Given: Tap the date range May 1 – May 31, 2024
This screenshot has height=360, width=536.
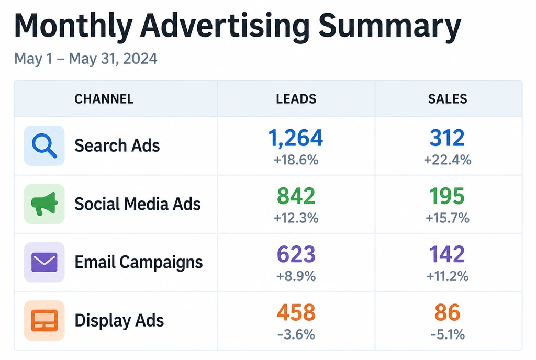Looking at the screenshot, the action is [x=85, y=59].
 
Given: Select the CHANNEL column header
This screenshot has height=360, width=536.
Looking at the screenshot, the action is [x=104, y=99].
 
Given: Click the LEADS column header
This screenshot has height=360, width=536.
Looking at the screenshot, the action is [x=296, y=99].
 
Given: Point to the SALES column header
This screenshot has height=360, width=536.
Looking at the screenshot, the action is [x=448, y=99].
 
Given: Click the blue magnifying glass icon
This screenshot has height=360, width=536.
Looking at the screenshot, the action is [x=44, y=146].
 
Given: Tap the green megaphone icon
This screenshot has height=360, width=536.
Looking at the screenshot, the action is [x=44, y=204].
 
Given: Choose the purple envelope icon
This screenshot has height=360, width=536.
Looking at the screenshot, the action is [x=44, y=262].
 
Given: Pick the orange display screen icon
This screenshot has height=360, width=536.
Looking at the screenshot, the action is [x=44, y=320].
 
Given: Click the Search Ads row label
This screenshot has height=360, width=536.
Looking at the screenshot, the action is [x=117, y=145].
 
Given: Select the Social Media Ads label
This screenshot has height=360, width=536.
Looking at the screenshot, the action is [x=138, y=204].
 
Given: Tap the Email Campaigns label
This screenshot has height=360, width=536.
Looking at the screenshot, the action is [x=138, y=263].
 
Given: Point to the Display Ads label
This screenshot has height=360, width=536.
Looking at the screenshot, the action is [x=119, y=321].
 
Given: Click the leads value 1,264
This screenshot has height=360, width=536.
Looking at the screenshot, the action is [x=296, y=138].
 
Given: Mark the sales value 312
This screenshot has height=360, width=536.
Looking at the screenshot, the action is [x=447, y=138].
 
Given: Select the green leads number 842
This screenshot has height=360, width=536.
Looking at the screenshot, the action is [x=296, y=196].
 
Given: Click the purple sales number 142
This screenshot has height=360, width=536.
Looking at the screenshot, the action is [x=447, y=254].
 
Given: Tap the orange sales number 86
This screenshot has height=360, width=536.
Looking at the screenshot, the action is [x=448, y=312].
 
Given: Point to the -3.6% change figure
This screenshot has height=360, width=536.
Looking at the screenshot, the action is [x=296, y=334].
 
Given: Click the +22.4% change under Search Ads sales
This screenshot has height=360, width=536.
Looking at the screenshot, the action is [x=448, y=160].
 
